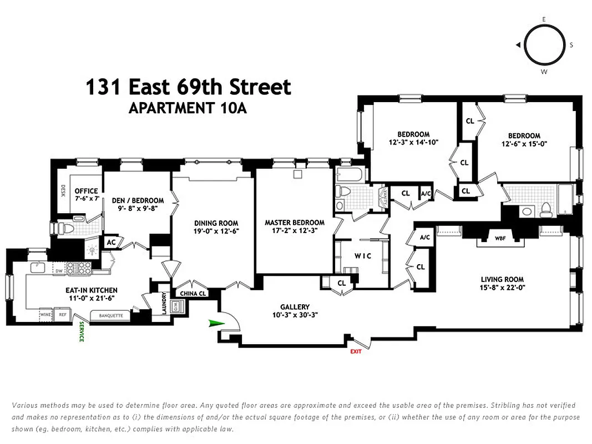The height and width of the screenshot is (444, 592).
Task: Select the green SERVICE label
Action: [80, 331]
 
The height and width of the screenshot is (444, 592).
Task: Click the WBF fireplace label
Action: [500, 239]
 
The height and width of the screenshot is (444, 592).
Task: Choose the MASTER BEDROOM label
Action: [294, 223]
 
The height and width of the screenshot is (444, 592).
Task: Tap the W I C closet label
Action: [363, 256]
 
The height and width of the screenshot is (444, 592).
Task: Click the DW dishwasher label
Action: [58, 271]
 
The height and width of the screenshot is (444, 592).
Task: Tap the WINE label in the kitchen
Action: [45, 315]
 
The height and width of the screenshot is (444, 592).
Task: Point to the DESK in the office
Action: [63, 191]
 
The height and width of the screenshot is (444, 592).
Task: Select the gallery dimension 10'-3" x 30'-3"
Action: [295, 315]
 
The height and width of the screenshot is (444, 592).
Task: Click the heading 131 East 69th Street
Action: [188, 87]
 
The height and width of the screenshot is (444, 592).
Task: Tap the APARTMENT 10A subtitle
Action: [187, 108]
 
